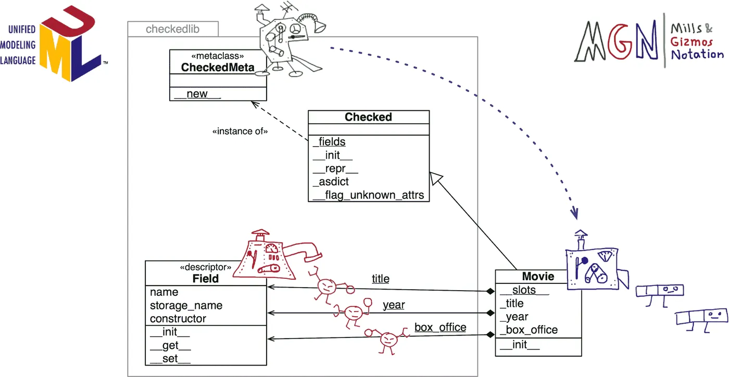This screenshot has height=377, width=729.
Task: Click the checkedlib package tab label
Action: (x=172, y=29)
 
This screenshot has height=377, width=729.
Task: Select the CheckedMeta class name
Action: (x=218, y=67)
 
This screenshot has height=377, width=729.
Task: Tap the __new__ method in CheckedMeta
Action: (x=197, y=94)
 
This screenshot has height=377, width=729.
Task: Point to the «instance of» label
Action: (x=240, y=131)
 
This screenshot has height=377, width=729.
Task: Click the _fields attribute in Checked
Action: (x=329, y=141)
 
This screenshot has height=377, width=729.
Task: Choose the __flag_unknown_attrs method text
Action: (x=369, y=195)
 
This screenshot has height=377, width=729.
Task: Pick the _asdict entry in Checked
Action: (x=331, y=181)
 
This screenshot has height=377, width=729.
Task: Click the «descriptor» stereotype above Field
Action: (x=205, y=267)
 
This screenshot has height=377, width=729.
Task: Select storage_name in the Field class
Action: (x=186, y=306)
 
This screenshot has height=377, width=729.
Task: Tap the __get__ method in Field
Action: (x=170, y=345)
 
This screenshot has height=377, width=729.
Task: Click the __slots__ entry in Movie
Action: (x=524, y=290)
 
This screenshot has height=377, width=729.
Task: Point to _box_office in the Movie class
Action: (x=529, y=330)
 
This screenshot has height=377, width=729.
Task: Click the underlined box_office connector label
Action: (x=441, y=327)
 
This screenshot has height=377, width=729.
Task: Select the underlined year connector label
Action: (x=394, y=305)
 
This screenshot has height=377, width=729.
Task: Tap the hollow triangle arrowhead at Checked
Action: (x=435, y=178)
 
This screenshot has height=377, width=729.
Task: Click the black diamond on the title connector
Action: (x=490, y=291)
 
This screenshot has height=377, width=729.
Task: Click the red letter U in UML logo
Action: (x=69, y=22)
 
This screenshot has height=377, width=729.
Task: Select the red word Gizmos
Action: (x=692, y=42)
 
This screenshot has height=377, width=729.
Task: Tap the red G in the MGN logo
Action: (x=620, y=42)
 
